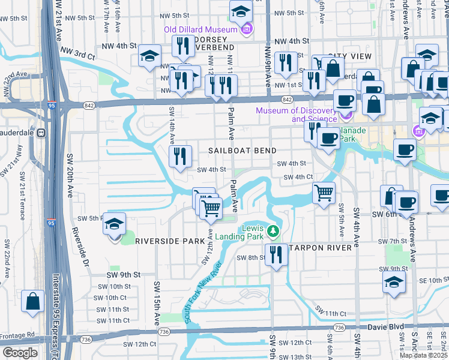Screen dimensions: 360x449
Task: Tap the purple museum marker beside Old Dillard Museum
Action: coord(246,29)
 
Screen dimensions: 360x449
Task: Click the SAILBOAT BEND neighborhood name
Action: coord(243,151)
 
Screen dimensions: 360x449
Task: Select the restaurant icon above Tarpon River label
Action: coord(276,253)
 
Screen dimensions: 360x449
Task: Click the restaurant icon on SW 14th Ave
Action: coord(180,156)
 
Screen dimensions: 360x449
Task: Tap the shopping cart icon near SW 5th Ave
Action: coord(324,193)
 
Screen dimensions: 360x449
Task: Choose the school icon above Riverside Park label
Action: coord(114,223)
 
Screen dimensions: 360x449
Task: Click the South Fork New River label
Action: coord(203,293)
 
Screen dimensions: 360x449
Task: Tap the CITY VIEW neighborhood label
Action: coord(349,56)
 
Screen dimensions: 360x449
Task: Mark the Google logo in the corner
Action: coord(20,353)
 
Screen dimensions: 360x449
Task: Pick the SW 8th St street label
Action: coord(250,257)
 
